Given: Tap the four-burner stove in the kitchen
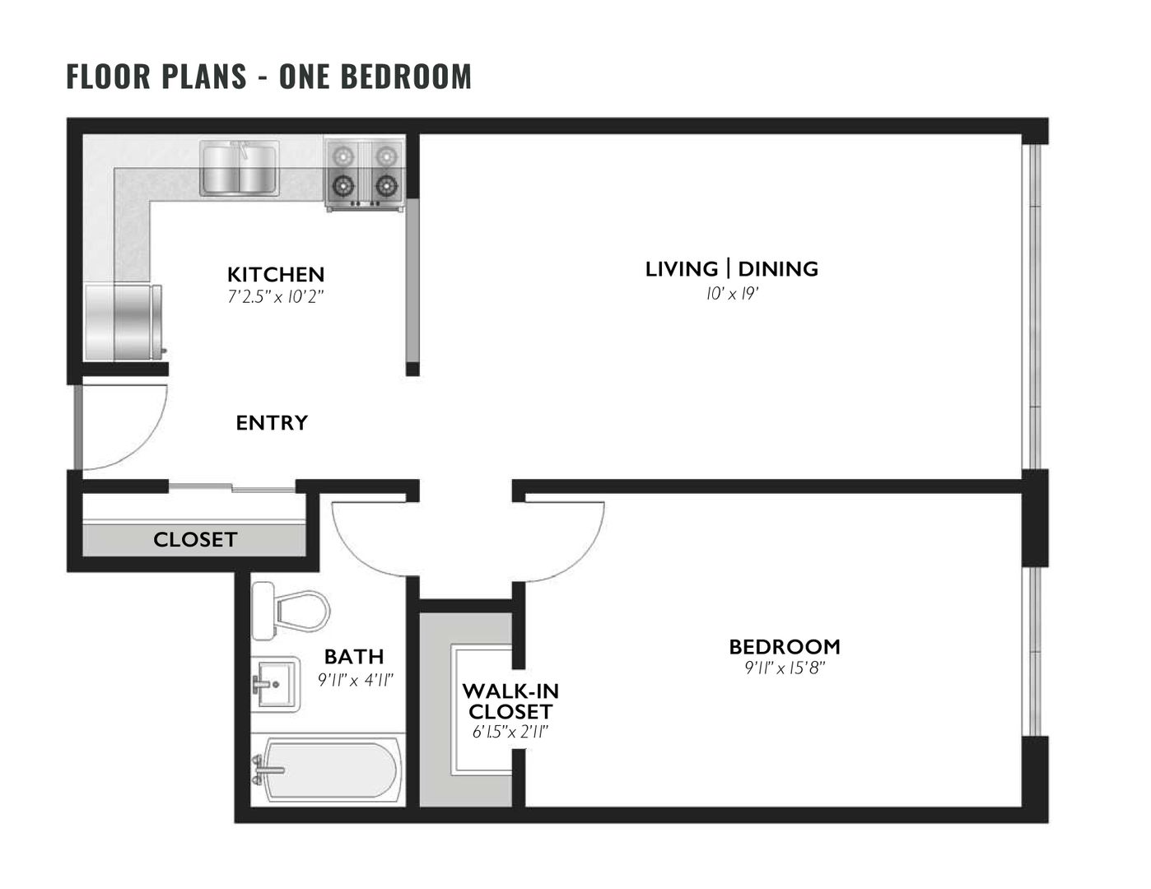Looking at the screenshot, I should pyautogui.click(x=363, y=174).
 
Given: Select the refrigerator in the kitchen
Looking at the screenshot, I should pyautogui.click(x=123, y=322).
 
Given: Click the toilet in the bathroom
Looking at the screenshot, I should pyautogui.click(x=289, y=611).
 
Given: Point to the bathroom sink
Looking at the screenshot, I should pyautogui.click(x=275, y=682).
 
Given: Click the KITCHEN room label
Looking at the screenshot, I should pyautogui.click(x=276, y=274).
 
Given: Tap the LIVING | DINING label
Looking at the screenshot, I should pyautogui.click(x=731, y=268).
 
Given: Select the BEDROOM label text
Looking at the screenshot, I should pyautogui.click(x=785, y=646).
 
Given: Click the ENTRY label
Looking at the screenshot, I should pyautogui.click(x=272, y=422).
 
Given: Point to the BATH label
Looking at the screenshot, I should pyautogui.click(x=354, y=656).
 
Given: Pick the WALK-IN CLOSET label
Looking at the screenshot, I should pyautogui.click(x=510, y=700).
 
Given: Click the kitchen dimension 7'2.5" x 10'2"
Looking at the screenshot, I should pyautogui.click(x=276, y=296).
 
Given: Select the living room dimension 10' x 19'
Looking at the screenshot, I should pyautogui.click(x=731, y=292).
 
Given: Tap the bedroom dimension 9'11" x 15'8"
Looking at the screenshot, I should pyautogui.click(x=785, y=668).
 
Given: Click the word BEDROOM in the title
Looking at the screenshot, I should pyautogui.click(x=406, y=76).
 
